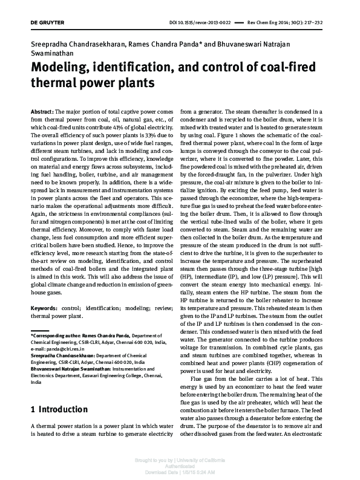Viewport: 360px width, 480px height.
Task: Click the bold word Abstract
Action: [x=42, y=112]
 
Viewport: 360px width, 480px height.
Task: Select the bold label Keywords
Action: [x=45, y=308]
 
